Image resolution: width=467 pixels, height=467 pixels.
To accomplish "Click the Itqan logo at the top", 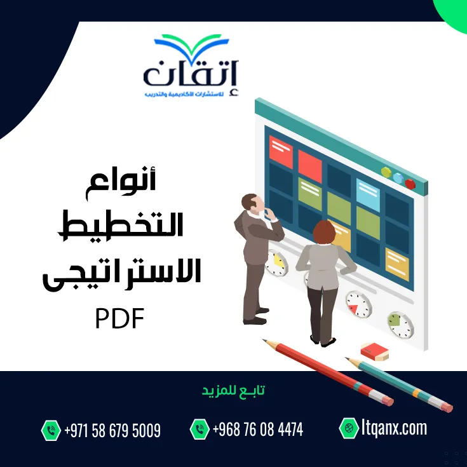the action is coord(191,66).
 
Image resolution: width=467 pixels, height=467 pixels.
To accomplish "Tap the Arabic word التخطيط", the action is coord(121,225).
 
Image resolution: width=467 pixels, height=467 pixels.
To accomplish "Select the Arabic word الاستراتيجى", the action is coord(122,273).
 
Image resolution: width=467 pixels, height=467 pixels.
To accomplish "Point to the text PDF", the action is coord(119,318).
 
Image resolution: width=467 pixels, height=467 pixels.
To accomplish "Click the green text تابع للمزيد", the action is coord(233,391).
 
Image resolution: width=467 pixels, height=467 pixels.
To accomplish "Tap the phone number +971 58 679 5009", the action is coord(112,430).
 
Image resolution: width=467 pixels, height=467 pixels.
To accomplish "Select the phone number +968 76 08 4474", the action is coord(258,430).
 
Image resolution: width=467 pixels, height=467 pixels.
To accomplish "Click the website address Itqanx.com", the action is coord(395,428).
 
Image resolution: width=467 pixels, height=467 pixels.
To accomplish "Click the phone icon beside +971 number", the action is coord(51,430).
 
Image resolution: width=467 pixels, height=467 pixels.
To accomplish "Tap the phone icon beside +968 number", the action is coord(200,429).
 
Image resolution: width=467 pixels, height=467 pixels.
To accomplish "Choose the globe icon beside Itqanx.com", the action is coord(349,428).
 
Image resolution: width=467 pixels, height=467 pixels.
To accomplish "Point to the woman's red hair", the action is coord(324,233).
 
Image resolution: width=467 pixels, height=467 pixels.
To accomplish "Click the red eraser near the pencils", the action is coord(374,351).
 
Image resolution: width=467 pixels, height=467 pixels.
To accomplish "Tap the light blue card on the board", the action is coord(368,195).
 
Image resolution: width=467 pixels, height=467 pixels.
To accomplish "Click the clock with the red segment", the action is coord(358,304).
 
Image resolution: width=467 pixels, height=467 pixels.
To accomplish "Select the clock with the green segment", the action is coord(400,325).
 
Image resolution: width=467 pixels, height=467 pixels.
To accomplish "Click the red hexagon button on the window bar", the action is coord(410,184).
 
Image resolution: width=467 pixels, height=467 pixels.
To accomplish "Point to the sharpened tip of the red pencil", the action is coord(262,339).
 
